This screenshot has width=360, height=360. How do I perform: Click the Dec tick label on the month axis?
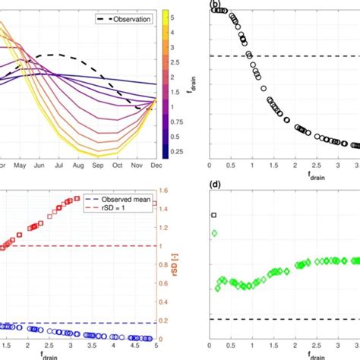pos(156,165)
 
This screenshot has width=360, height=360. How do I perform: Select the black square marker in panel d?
pos(214,215)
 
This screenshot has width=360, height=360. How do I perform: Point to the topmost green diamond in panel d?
pos(214,233)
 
